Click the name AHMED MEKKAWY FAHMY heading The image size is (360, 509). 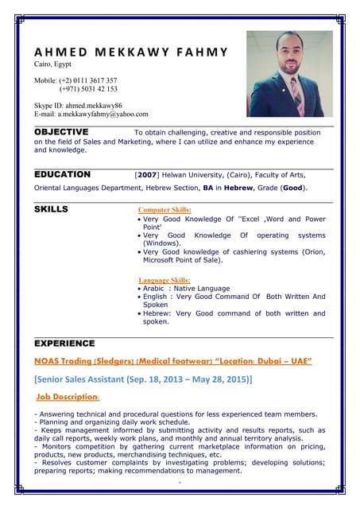[x=131, y=52]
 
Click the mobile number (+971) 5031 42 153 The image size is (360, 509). [x=88, y=89]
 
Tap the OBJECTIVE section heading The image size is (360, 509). [x=61, y=132]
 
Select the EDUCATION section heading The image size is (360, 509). [x=62, y=174]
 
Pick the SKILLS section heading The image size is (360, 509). [x=51, y=209]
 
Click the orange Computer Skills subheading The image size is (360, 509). [x=165, y=210]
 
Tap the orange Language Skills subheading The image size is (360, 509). [x=165, y=280]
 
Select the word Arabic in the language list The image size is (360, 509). [x=156, y=289]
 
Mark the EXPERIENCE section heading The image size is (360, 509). [x=64, y=343]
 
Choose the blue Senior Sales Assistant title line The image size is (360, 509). [x=143, y=379]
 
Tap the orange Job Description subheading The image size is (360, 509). [x=68, y=396]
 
